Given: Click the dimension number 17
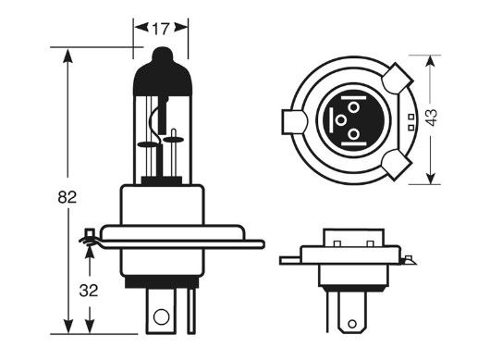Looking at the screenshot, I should [163, 29].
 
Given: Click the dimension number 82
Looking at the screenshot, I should [66, 197].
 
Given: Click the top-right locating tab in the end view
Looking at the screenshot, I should [399, 76].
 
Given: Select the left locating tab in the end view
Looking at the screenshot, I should [292, 121].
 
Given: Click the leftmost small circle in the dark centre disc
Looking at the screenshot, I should [340, 120].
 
